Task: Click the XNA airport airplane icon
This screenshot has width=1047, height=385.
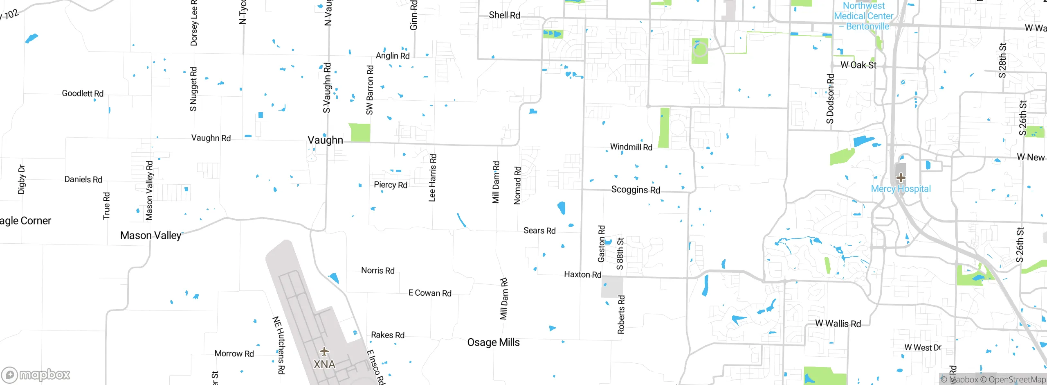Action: point(324,351)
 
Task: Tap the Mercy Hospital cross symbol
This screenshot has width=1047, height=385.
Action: point(901,178)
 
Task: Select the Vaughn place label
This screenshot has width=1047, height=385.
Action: point(325,140)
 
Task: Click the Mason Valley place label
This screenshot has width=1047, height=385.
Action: point(151,236)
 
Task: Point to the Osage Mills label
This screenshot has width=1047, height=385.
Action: point(493,342)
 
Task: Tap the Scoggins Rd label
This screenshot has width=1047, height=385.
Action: point(636,190)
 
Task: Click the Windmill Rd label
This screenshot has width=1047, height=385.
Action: point(631,147)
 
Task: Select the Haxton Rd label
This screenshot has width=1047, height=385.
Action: point(582,274)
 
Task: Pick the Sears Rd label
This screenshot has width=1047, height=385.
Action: point(539,231)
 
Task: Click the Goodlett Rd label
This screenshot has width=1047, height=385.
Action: point(83,93)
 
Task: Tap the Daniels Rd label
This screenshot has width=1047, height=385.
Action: point(83,179)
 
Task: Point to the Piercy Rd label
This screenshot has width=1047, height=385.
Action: point(391,185)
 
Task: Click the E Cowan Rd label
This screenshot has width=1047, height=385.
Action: point(430,293)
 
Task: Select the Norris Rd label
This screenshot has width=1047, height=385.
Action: point(378,270)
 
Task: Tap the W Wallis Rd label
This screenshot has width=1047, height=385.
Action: point(838,324)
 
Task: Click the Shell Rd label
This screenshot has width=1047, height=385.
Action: point(504,15)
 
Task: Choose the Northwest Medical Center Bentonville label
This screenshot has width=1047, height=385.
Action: point(864,16)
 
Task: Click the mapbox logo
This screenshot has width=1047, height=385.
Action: point(36,374)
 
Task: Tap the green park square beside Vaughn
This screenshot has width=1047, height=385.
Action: point(359,133)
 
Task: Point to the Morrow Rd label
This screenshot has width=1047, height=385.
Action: point(234,353)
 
